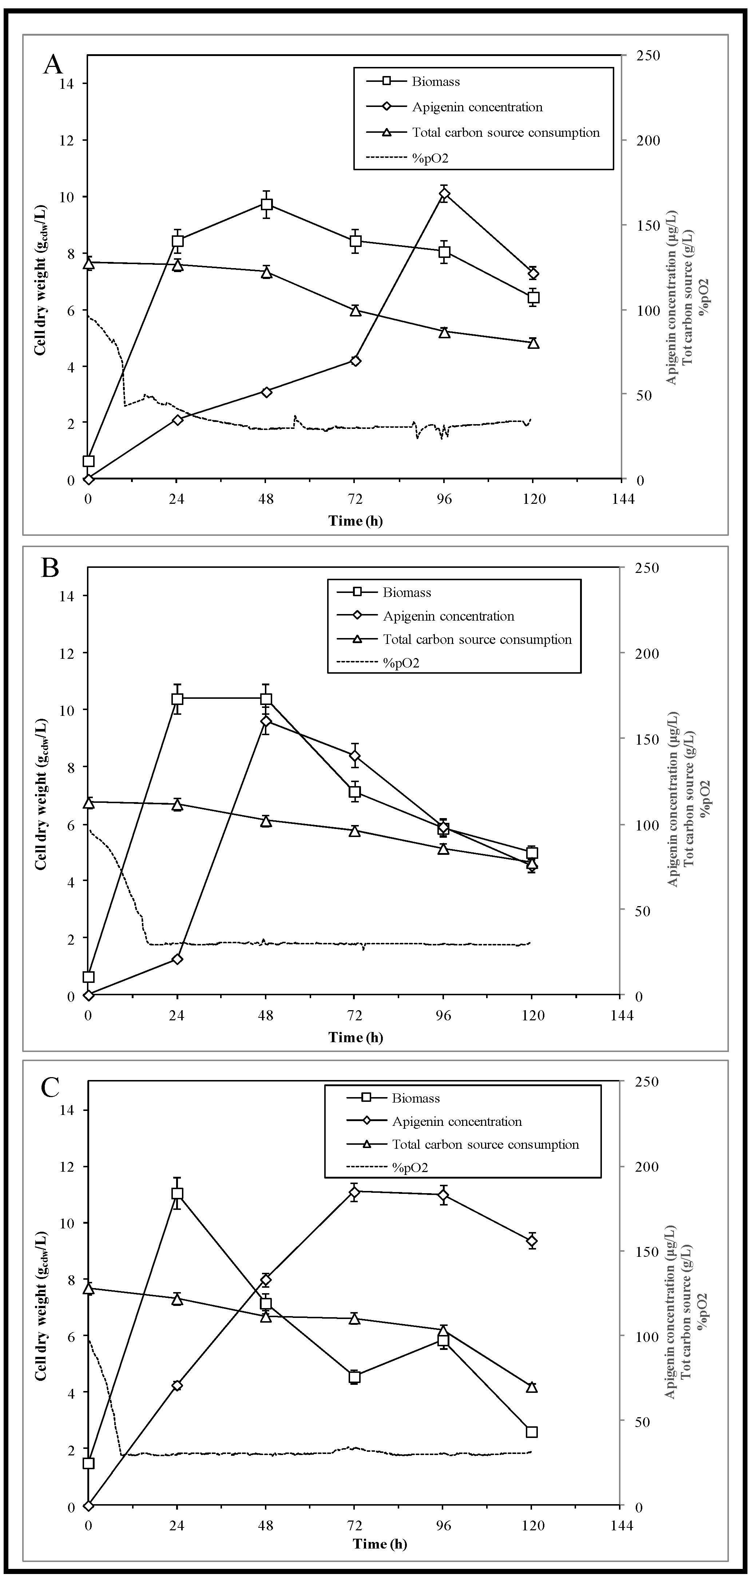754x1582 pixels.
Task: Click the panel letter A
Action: coord(53,64)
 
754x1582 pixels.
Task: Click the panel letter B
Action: coord(50,568)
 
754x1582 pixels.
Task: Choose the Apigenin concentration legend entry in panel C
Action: coord(457,1121)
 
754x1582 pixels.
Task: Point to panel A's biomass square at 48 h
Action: coord(266,204)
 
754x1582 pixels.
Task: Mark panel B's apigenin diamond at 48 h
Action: coord(266,721)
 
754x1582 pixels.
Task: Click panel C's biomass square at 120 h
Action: coord(532,1431)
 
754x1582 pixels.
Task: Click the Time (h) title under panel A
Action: coord(355,521)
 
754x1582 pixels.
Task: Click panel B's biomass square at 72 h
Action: coord(354,792)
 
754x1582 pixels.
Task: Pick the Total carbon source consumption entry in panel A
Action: coord(505,133)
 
